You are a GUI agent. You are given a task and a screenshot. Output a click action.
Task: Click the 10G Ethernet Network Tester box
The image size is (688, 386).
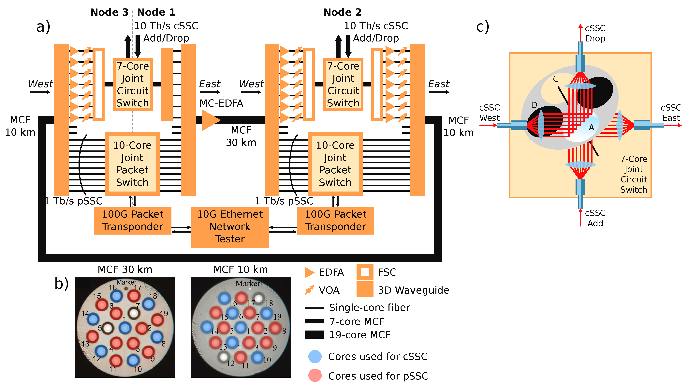pyautogui.click(x=230, y=227)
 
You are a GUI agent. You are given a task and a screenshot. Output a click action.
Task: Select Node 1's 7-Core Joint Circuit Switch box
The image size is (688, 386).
pyautogui.click(x=133, y=84)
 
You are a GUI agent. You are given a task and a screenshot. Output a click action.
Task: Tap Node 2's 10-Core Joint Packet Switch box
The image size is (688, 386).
pyautogui.click(x=335, y=164)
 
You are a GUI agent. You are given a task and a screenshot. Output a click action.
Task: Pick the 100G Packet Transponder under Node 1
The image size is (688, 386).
pyautogui.click(x=132, y=221)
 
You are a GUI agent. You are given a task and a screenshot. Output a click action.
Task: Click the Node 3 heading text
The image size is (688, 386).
pyautogui.click(x=109, y=12)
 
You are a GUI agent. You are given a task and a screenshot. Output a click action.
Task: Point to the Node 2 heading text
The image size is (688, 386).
pyautogui.click(x=342, y=12)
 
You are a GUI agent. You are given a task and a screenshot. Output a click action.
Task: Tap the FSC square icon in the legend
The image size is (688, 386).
pyautogui.click(x=365, y=272)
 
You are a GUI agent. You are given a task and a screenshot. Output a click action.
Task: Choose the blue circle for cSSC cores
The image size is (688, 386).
pyautogui.click(x=315, y=356)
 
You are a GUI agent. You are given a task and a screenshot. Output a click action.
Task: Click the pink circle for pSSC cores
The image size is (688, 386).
pyautogui.click(x=315, y=376)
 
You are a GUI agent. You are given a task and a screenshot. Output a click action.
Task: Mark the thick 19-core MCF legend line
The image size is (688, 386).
pyautogui.click(x=314, y=335)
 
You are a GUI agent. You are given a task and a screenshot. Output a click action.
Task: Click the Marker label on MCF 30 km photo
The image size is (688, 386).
pyautogui.click(x=126, y=282)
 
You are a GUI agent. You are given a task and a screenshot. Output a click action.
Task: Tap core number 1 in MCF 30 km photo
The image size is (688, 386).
pyautogui.click(x=125, y=328)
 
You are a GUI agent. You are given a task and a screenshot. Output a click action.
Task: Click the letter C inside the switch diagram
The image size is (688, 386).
pyautogui.click(x=556, y=79)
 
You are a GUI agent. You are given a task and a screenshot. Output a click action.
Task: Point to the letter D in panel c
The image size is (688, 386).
pyautogui.click(x=534, y=105)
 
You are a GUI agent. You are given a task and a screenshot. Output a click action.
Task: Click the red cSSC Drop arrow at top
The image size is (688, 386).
pyautogui.click(x=580, y=32)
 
